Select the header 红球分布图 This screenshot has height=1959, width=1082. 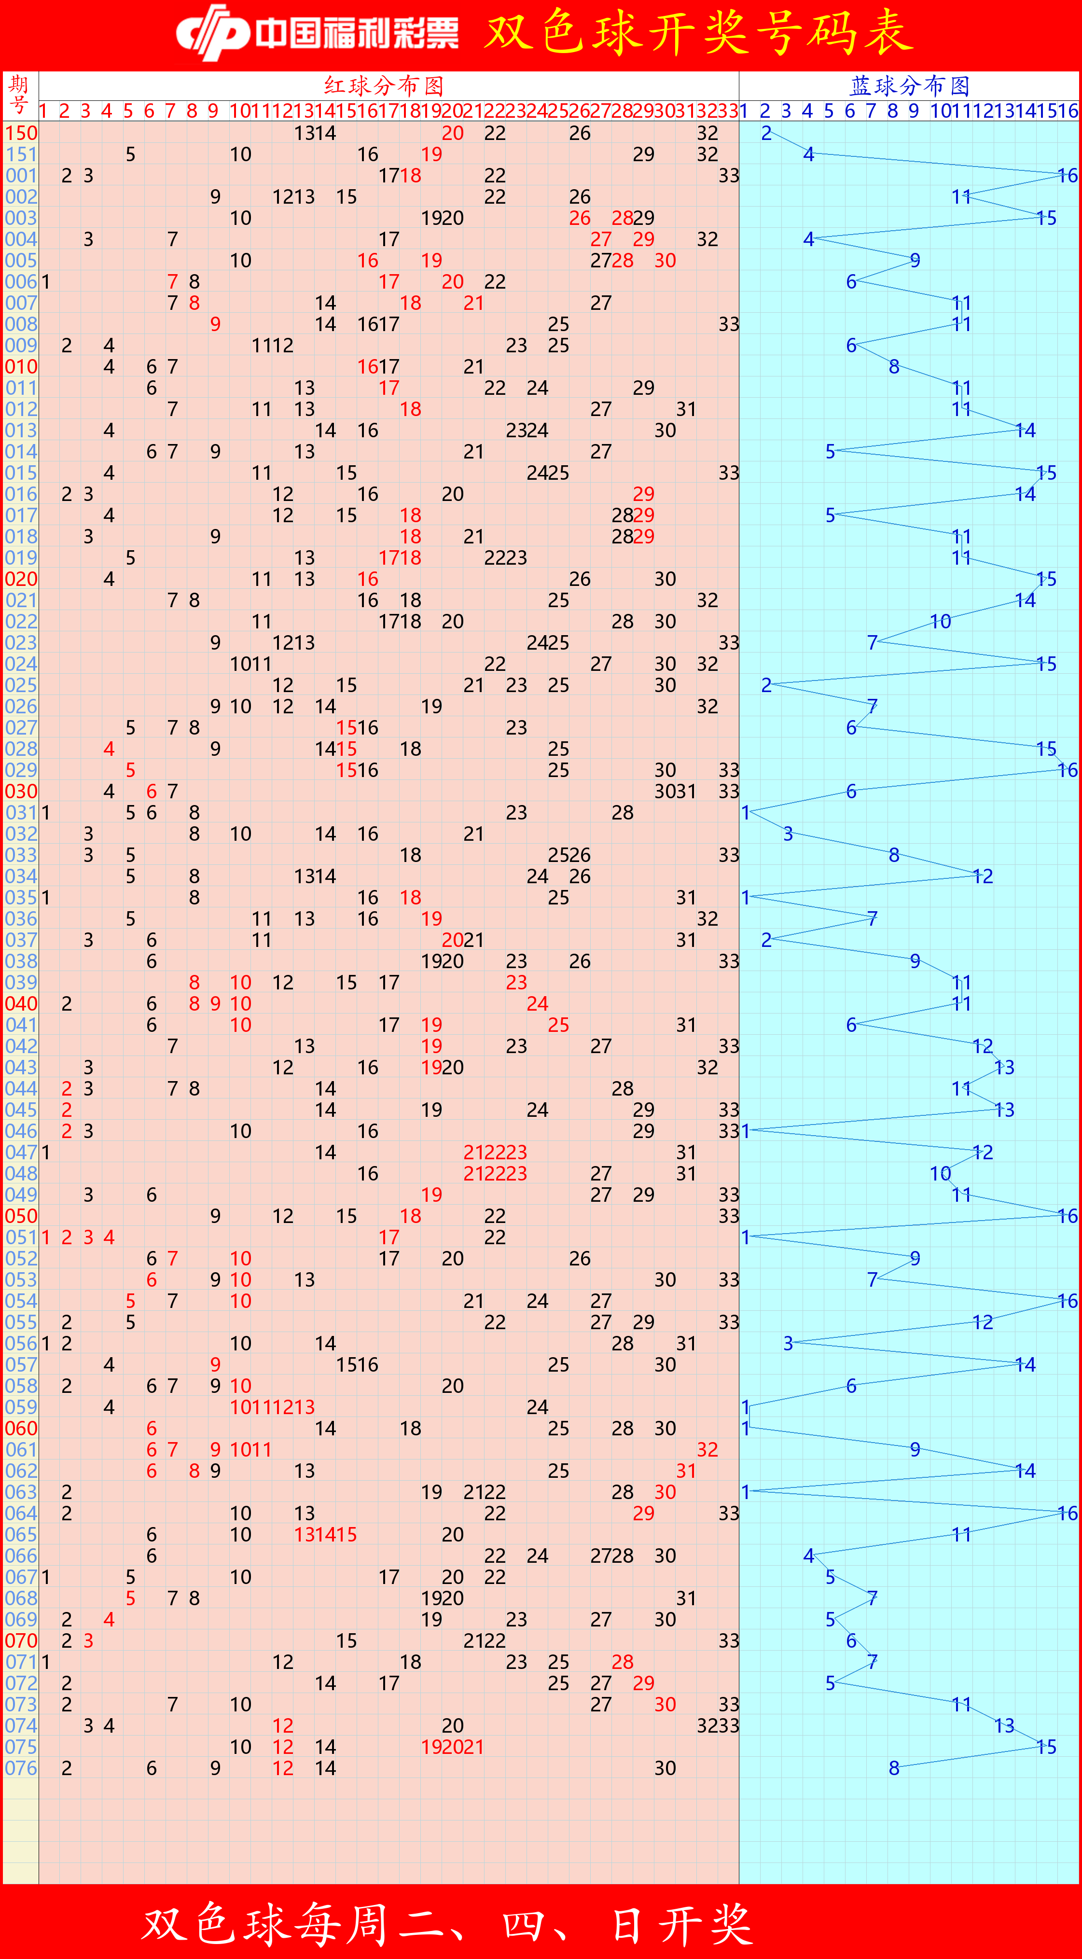pyautogui.click(x=384, y=85)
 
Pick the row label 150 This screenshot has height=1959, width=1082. pyautogui.click(x=21, y=133)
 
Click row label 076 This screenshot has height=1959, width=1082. pyautogui.click(x=21, y=1768)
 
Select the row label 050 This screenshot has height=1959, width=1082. pyautogui.click(x=21, y=1216)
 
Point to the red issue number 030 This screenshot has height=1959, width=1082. pyautogui.click(x=21, y=792)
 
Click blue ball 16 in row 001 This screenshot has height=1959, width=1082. pyautogui.click(x=1068, y=176)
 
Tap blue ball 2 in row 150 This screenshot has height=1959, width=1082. pyautogui.click(x=766, y=133)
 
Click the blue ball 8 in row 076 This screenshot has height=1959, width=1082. pyautogui.click(x=894, y=1768)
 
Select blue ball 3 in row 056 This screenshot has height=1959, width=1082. pyautogui.click(x=788, y=1344)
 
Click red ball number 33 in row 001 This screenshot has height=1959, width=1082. pyautogui.click(x=728, y=176)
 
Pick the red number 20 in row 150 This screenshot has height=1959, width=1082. pyautogui.click(x=452, y=133)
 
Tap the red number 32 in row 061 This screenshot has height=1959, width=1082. pyautogui.click(x=707, y=1449)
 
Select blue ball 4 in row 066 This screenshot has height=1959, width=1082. pyautogui.click(x=809, y=1556)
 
